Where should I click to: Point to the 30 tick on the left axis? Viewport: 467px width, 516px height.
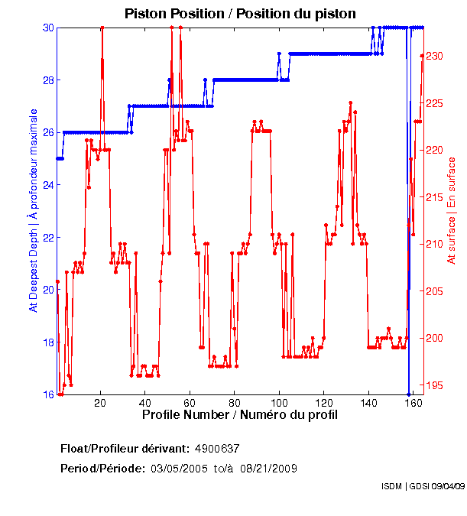click(x=48, y=28)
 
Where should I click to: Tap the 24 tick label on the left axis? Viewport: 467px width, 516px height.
click(x=48, y=185)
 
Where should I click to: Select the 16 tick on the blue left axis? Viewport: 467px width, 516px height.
click(x=48, y=394)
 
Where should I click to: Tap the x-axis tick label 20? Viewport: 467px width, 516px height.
click(x=100, y=402)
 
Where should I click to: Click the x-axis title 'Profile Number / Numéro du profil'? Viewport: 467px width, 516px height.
click(x=239, y=415)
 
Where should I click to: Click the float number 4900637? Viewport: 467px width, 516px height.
click(x=218, y=448)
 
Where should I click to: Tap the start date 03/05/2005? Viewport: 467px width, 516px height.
click(x=178, y=468)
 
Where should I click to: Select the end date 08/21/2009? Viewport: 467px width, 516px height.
click(x=271, y=468)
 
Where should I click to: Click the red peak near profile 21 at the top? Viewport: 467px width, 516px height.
click(x=102, y=28)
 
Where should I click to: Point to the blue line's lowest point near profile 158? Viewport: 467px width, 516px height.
click(x=409, y=394)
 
